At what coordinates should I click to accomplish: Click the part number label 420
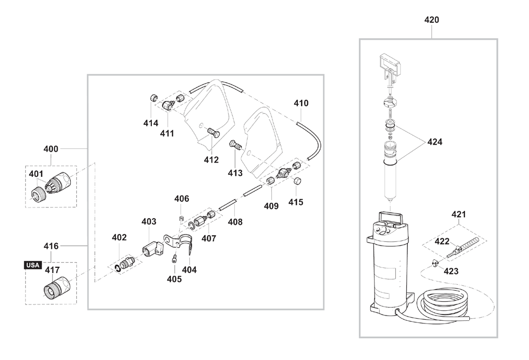click(432, 20)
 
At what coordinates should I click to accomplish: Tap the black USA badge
click(33, 265)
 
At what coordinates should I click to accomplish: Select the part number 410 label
click(301, 103)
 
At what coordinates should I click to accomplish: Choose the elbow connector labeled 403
click(152, 248)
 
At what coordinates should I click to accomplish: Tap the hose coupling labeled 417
click(57, 286)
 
